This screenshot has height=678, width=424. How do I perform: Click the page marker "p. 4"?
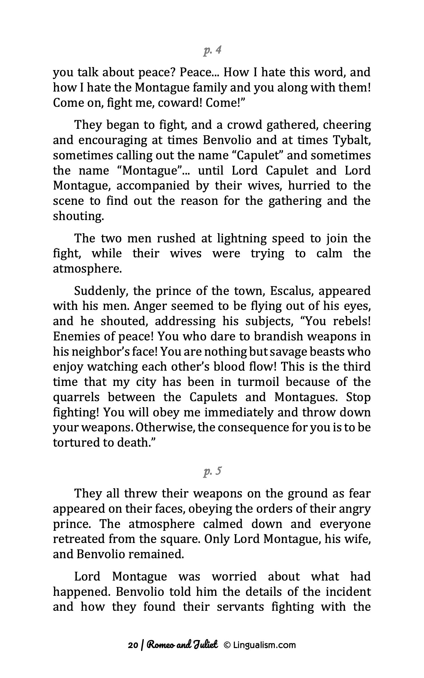click(x=212, y=51)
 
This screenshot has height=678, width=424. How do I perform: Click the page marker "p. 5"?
click(x=212, y=471)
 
